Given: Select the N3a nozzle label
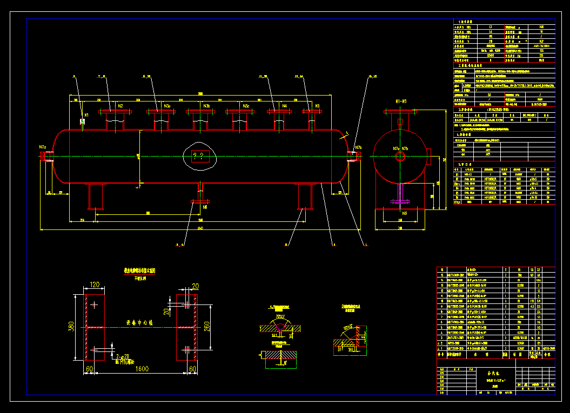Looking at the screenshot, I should [x=167, y=106].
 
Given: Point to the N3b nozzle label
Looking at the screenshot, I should [x=206, y=106].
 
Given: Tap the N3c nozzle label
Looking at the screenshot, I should [x=246, y=106].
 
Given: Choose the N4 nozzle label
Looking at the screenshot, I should [x=285, y=106].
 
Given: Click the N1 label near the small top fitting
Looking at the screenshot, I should [x=86, y=115].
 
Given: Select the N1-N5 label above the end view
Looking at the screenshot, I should [x=400, y=101].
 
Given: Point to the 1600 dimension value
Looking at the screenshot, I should [x=142, y=369].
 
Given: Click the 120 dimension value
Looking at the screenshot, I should [x=95, y=285].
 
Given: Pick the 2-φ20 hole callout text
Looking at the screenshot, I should [x=123, y=357].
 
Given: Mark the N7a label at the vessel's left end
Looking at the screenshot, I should [x=43, y=147].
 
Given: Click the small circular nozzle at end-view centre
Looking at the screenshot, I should [x=400, y=157].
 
